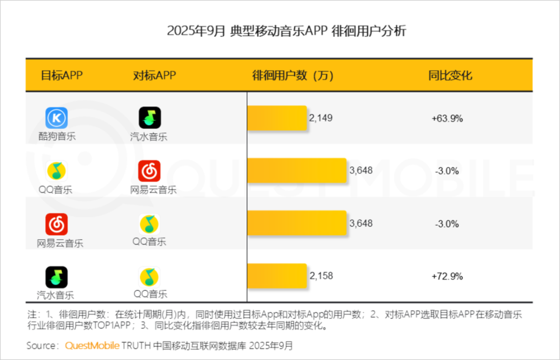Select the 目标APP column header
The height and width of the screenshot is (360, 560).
tap(62, 75)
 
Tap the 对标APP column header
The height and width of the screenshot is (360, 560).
tap(155, 75)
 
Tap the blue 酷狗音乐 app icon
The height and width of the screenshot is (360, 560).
tap(57, 118)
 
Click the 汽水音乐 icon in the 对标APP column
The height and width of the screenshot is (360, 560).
tap(150, 118)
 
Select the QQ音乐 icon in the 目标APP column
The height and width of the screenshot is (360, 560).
tap(57, 171)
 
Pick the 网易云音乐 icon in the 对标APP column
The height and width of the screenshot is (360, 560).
tap(150, 171)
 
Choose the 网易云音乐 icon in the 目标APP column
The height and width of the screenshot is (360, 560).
tap(57, 224)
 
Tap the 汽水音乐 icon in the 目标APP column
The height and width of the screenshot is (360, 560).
tap(57, 277)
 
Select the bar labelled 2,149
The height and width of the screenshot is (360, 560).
tap(277, 118)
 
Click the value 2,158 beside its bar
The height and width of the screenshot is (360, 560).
tap(321, 276)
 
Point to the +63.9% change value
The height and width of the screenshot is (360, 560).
tap(447, 118)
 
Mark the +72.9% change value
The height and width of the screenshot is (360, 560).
tap(447, 276)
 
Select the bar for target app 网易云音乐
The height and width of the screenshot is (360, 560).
tap(296, 223)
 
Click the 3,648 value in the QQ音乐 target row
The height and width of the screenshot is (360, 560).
tap(361, 170)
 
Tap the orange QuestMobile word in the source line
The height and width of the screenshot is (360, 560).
tap(92, 345)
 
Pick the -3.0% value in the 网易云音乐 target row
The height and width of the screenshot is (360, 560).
tap(447, 224)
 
